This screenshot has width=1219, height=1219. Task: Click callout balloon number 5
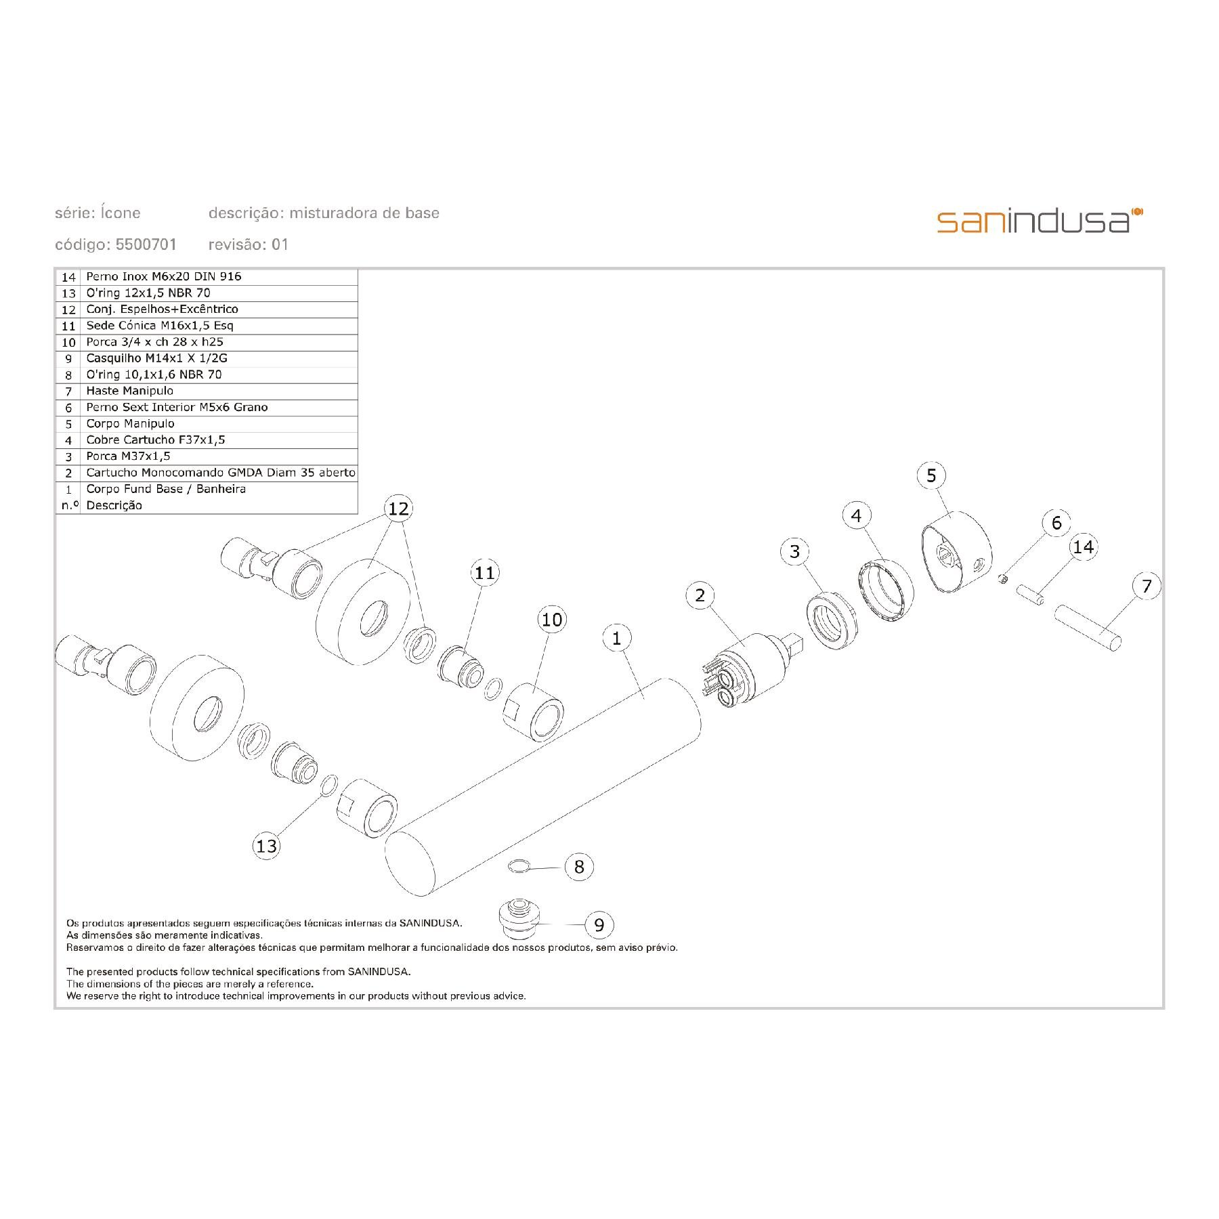(x=931, y=475)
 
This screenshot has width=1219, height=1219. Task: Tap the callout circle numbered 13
(x=267, y=846)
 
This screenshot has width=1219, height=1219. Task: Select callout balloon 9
(x=599, y=924)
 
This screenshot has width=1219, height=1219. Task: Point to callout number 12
(x=398, y=508)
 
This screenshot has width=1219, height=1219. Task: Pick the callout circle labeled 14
(x=1084, y=547)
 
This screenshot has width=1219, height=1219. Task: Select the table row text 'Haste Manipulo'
(x=129, y=391)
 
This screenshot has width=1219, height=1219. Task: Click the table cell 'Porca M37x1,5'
(x=128, y=456)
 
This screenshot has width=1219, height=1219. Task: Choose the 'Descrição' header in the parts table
(x=114, y=505)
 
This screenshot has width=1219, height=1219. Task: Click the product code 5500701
(x=146, y=244)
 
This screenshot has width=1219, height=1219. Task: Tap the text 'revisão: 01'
(x=249, y=244)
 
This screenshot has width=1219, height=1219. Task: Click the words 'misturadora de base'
(x=364, y=213)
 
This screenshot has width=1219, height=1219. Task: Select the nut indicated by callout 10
(x=535, y=712)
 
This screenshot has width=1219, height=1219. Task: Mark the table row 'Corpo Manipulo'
(x=130, y=424)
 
